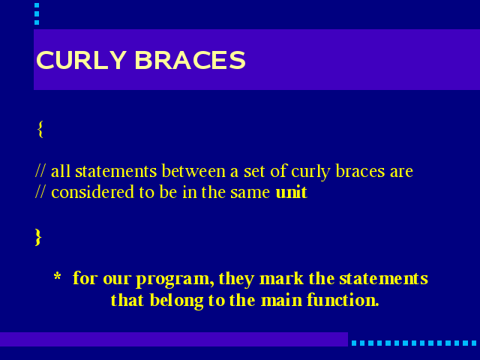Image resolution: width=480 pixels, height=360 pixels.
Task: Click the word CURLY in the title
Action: point(81,60)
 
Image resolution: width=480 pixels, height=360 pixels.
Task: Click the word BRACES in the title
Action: point(190,60)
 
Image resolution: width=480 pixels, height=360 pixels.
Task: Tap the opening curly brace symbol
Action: point(40,129)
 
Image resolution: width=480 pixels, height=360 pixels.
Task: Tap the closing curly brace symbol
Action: point(38,237)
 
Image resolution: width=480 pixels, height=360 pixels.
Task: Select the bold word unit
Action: point(292,192)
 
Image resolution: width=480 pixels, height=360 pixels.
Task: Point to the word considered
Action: point(92,192)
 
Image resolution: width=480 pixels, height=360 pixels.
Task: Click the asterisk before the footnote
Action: point(57,277)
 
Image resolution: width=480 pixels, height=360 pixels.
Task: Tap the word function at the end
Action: point(343,300)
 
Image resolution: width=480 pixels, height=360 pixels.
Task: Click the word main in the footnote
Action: point(282,300)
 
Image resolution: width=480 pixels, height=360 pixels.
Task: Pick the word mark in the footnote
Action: point(281,278)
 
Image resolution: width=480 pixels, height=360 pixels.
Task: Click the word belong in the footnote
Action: point(177,301)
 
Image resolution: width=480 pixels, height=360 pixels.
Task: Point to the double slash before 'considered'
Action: point(40,192)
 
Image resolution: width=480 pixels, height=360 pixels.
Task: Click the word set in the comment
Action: point(254,172)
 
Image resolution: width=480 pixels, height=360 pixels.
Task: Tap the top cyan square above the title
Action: point(37,5)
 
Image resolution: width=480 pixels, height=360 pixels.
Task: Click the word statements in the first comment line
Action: point(116,171)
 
